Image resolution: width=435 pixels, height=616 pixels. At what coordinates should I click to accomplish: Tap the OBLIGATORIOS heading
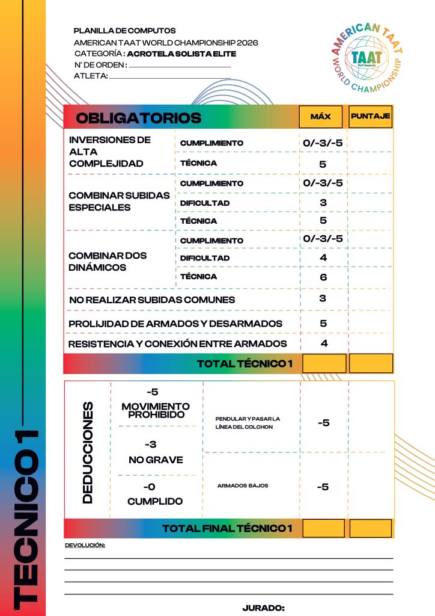[x=138, y=118]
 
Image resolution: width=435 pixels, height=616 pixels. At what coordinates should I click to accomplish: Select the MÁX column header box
[x=321, y=117]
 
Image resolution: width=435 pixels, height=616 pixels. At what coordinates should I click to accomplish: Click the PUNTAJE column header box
[x=370, y=117]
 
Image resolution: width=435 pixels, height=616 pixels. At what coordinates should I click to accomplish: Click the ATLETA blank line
[x=170, y=77]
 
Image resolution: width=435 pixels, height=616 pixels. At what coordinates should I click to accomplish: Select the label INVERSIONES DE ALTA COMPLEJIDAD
[x=110, y=151]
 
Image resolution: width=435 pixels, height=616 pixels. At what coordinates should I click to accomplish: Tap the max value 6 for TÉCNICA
[x=323, y=277]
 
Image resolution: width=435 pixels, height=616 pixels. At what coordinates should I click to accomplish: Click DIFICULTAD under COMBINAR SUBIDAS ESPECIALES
[x=205, y=203]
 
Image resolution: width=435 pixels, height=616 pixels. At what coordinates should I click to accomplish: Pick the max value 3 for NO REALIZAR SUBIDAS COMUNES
[x=323, y=298]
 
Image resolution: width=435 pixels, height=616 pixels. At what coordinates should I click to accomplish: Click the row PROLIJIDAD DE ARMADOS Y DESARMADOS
[x=175, y=324]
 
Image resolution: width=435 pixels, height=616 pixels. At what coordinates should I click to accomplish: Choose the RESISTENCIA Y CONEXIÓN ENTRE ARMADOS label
[x=177, y=344]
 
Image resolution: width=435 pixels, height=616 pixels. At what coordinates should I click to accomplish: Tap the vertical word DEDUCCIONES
[x=88, y=452]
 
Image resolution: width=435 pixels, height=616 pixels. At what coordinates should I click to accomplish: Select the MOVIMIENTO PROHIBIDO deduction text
[x=156, y=411]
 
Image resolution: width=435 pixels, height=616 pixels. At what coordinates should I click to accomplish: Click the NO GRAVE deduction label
[x=156, y=460]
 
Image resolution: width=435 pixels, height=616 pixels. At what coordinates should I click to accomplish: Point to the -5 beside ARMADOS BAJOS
[x=323, y=487]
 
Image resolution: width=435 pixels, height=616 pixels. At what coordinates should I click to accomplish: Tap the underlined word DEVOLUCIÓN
[x=85, y=545]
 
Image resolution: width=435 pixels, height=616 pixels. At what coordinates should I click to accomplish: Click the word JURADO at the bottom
[x=263, y=608]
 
